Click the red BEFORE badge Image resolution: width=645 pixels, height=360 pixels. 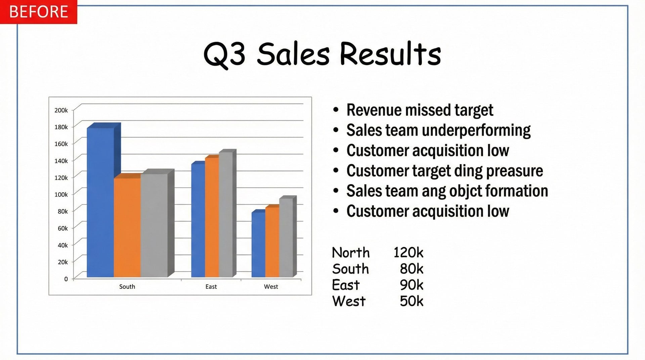pos(38,12)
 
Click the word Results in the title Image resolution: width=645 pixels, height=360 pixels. pos(390,54)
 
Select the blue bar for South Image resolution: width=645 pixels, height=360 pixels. pos(100,202)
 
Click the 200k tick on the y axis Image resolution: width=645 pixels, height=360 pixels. pos(61,110)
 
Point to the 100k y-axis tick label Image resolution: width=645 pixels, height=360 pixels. pos(61,195)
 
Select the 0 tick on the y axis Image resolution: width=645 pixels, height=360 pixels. pos(66,279)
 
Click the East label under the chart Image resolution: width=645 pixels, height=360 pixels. pos(211,287)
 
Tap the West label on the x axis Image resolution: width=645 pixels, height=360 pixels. pos(271,287)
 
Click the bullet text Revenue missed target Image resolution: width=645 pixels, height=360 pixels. pos(420,110)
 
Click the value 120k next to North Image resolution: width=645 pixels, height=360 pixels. pos(408,252)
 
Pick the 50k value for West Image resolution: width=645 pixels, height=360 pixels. pos(412,301)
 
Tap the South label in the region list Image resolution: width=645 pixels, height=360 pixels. pos(350,269)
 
